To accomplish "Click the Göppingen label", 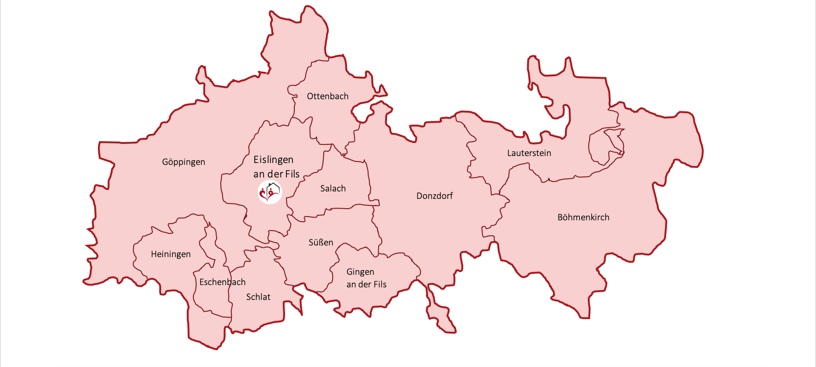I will [x=184, y=162].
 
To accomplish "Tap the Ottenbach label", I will [x=327, y=96].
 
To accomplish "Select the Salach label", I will [x=333, y=189].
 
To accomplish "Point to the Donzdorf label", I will [x=435, y=196].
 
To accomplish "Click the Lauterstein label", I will [x=529, y=153].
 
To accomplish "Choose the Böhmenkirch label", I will [x=583, y=217].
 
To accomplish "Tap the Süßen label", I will [x=321, y=243].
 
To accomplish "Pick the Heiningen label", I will [x=171, y=254].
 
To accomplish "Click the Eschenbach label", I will [x=222, y=282].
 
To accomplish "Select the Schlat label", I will [x=258, y=297].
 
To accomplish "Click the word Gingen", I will [x=360, y=272].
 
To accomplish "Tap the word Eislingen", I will [x=273, y=160].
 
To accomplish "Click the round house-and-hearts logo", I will [x=270, y=192].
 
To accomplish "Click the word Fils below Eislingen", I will [x=292, y=174].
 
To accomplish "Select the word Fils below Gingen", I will [x=380, y=285].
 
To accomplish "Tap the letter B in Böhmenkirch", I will [x=560, y=217].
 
